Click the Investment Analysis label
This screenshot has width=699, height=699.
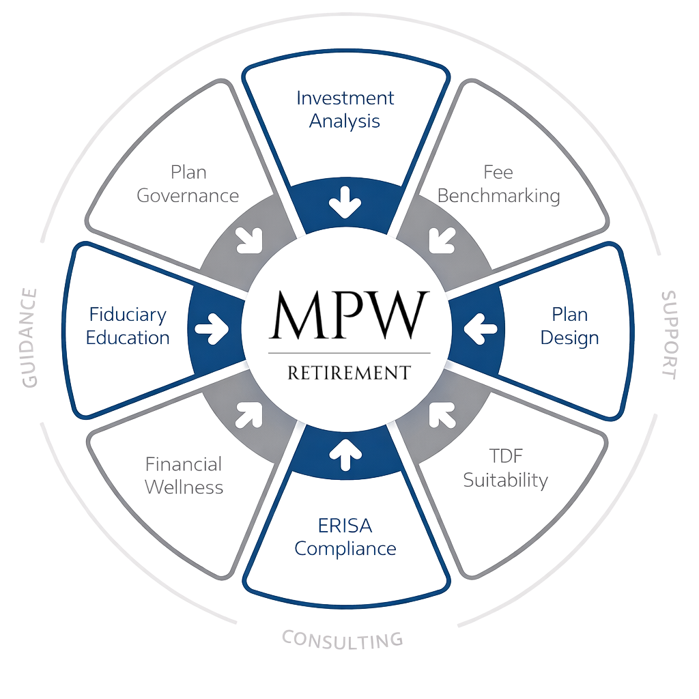coord(345,109)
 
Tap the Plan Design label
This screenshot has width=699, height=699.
coord(570,326)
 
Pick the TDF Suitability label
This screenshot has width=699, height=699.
coord(505,468)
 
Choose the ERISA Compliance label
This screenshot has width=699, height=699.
coord(347,537)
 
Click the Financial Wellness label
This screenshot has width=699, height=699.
coord(184,475)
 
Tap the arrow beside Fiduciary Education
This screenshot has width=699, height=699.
coord(213,328)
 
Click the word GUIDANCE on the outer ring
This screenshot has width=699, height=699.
coord(29,338)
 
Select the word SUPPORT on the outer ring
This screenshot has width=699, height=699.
coord(669,334)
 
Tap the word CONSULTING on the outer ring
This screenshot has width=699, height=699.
coord(342,639)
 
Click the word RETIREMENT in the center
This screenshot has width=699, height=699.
coord(349,373)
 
